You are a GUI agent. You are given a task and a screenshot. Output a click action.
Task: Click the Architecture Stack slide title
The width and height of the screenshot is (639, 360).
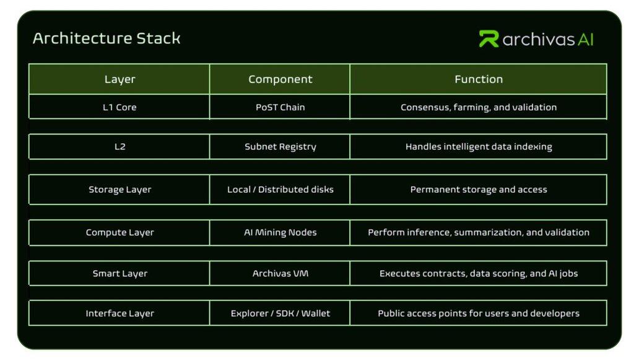(x=106, y=38)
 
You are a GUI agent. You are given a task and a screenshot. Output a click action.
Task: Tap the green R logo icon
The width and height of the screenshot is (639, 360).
(x=489, y=39)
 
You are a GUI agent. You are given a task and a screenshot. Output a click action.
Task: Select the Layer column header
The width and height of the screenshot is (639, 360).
(x=120, y=79)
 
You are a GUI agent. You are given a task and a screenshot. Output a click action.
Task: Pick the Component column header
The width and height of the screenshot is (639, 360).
(x=280, y=79)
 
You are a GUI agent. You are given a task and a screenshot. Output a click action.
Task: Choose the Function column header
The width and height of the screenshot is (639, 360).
(x=478, y=79)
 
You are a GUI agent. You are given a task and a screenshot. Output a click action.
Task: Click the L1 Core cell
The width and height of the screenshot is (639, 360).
(x=120, y=107)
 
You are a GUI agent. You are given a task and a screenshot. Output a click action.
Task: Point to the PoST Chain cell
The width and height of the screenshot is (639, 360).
(x=280, y=107)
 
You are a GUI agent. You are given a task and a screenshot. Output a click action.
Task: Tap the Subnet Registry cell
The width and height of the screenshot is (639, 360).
(x=280, y=147)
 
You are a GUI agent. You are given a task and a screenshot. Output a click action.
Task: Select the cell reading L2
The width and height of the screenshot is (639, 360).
(x=120, y=147)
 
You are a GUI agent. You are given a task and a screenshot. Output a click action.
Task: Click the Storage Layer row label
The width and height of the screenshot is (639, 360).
(x=120, y=190)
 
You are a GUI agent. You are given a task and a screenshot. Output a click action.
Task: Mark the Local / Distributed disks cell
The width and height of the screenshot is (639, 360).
(x=280, y=190)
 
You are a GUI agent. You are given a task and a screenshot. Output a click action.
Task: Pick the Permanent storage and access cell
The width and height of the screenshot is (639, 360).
(x=478, y=190)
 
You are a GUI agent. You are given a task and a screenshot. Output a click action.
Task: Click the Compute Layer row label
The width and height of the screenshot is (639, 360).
(x=120, y=232)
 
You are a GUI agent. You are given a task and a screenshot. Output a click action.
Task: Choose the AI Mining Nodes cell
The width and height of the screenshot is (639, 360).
(x=280, y=232)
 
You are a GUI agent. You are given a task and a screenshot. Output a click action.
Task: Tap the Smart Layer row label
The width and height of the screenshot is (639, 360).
(x=120, y=273)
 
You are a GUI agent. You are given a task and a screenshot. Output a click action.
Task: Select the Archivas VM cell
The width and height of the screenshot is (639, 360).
(x=280, y=273)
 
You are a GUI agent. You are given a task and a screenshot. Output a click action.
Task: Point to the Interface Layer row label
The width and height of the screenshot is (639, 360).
(x=120, y=314)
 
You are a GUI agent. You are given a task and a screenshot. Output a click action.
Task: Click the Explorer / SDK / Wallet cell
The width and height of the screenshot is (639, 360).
(x=280, y=314)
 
